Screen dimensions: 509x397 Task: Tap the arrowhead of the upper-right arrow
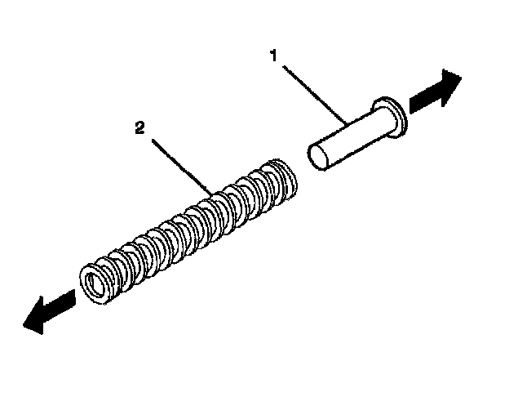[449, 86]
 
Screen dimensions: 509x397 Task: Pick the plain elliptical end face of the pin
[318, 158]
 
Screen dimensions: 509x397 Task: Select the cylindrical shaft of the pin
[351, 139]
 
